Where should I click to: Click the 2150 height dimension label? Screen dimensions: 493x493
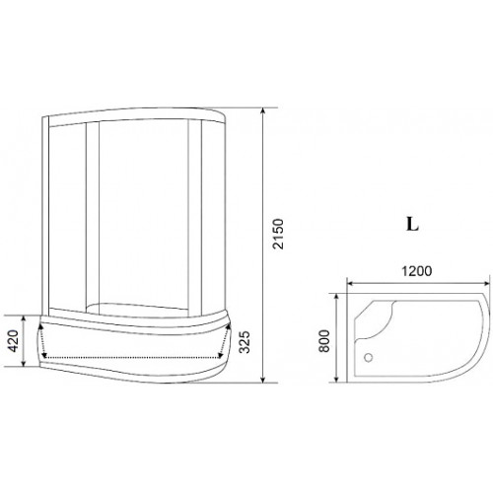pos(278,234)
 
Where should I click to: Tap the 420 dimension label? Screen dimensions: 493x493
pos(13,341)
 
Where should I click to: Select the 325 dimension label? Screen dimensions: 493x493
pos(245,342)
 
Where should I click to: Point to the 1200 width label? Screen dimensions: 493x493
pos(417,271)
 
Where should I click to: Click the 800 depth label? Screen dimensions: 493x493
pos(324,341)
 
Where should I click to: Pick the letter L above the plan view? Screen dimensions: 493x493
pos(412,225)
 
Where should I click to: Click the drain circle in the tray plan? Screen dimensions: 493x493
pos(369,357)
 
